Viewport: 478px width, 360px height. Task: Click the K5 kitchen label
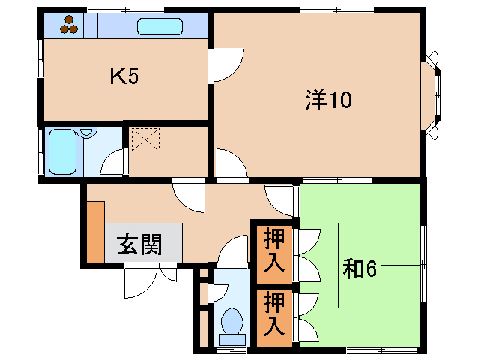[125, 76]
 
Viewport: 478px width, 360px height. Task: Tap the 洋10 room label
[328, 99]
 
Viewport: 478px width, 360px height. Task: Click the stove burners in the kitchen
[70, 26]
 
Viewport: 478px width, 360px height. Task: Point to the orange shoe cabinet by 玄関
[94, 231]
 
